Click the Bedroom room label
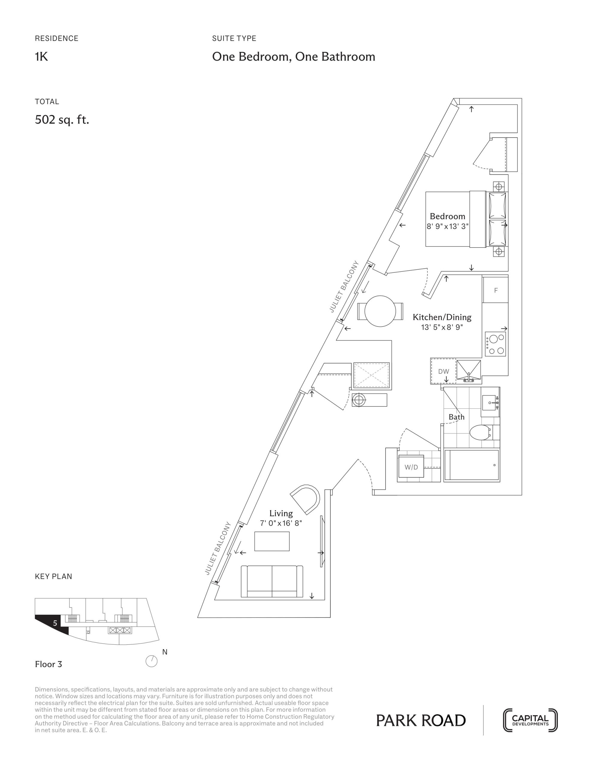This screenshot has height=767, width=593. click(x=447, y=216)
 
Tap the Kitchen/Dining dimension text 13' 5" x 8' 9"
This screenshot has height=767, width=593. click(x=442, y=327)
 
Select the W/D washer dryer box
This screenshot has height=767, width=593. click(x=411, y=467)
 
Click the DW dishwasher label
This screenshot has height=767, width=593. click(x=443, y=371)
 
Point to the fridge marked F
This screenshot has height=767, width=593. click(x=496, y=290)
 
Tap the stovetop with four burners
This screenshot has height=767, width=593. click(x=496, y=344)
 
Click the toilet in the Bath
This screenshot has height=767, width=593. click(x=480, y=432)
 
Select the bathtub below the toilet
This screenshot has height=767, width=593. click(x=471, y=465)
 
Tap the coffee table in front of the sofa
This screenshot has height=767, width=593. click(x=272, y=541)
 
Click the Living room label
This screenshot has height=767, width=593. click(x=281, y=514)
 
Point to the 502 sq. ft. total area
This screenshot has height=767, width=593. click(x=62, y=120)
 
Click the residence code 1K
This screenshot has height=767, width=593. click(x=41, y=57)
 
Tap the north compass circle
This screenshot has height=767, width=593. click(x=151, y=662)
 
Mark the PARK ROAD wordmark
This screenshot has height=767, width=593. click(x=421, y=721)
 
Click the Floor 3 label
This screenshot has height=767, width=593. click(x=49, y=664)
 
